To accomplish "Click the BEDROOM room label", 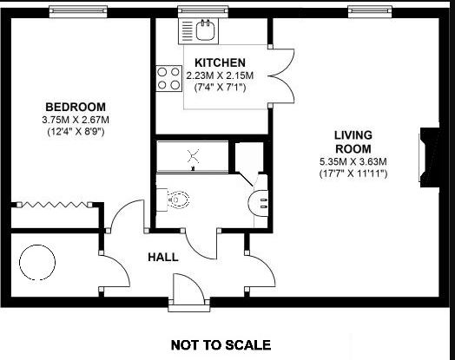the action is pyautogui.click(x=76, y=107).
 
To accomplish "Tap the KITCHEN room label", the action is pyautogui.click(x=220, y=62).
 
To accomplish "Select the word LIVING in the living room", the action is pyautogui.click(x=353, y=135).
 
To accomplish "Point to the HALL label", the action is pyautogui.click(x=163, y=257).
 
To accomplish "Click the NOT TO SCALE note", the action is pyautogui.click(x=221, y=345).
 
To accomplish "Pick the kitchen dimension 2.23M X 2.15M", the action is pyautogui.click(x=220, y=75).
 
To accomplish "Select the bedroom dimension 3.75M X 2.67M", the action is pyautogui.click(x=76, y=120).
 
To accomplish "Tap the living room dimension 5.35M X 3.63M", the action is pyautogui.click(x=353, y=161).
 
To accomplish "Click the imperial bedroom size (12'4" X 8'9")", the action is pyautogui.click(x=76, y=132).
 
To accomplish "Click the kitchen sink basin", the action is pyautogui.click(x=205, y=29).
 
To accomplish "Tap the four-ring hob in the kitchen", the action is pyautogui.click(x=168, y=78).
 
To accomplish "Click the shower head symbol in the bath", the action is pyautogui.click(x=193, y=156).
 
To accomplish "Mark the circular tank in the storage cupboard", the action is pyautogui.click(x=37, y=262).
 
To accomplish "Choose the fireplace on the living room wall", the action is pyautogui.click(x=430, y=156).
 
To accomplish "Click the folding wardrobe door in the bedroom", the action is pyautogui.click(x=54, y=205).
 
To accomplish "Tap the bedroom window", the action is pyautogui.click(x=78, y=11).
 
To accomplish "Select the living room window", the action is pyautogui.click(x=370, y=11).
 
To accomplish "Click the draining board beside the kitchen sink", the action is pyautogui.click(x=188, y=30).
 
